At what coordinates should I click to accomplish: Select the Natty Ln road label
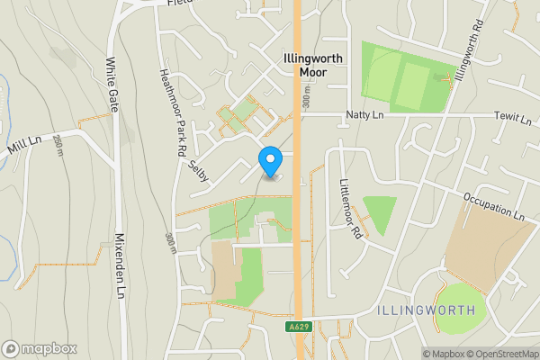coord(365,115)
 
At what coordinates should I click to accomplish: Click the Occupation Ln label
coord(494,206)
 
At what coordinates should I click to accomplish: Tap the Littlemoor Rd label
coord(350,208)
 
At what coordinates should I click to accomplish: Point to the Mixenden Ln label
coord(119,265)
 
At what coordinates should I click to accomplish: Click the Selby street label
coord(200,170)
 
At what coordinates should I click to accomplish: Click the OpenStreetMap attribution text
coord(498,354)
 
